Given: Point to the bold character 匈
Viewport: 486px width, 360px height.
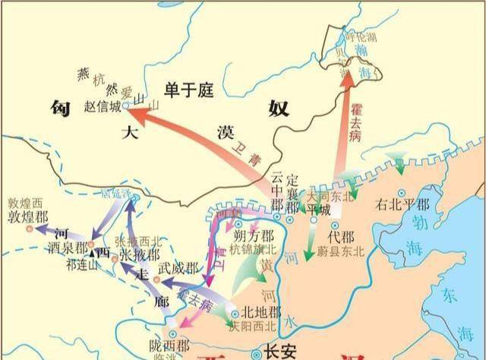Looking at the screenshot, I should click(x=61, y=108).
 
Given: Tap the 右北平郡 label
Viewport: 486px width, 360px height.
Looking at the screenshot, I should click(x=402, y=204).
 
